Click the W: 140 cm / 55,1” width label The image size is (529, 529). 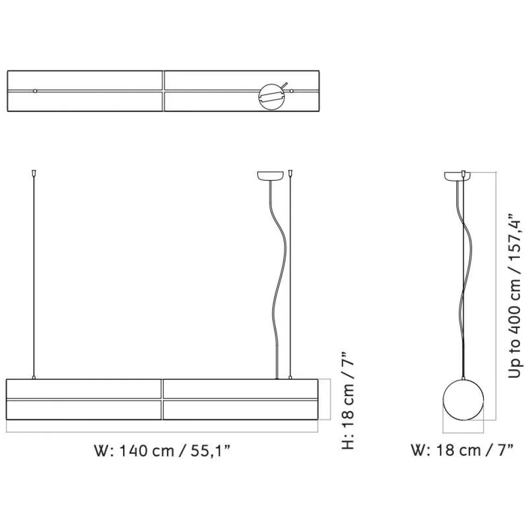click(162, 451)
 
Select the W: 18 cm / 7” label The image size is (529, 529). click(462, 450)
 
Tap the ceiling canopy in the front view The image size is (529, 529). click(270, 176)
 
